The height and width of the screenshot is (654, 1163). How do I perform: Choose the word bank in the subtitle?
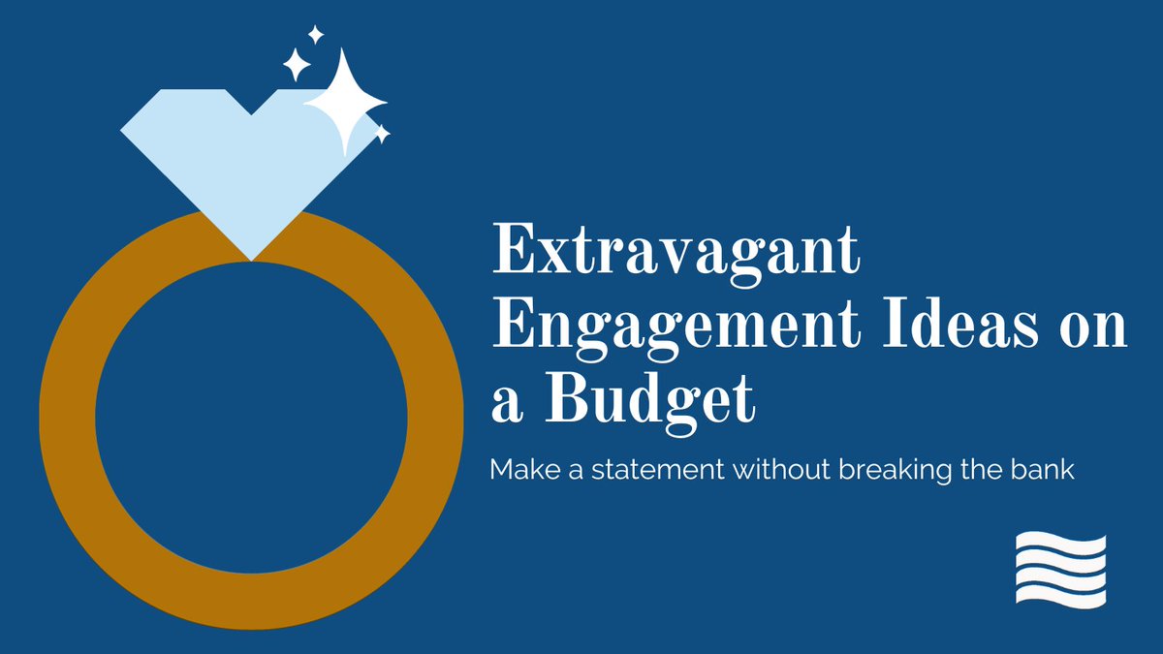point(1044,470)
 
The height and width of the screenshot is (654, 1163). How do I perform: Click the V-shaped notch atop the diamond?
point(252,112)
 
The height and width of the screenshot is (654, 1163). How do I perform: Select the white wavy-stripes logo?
point(1060,570)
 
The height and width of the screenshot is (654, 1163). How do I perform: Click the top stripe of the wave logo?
point(1060,542)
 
